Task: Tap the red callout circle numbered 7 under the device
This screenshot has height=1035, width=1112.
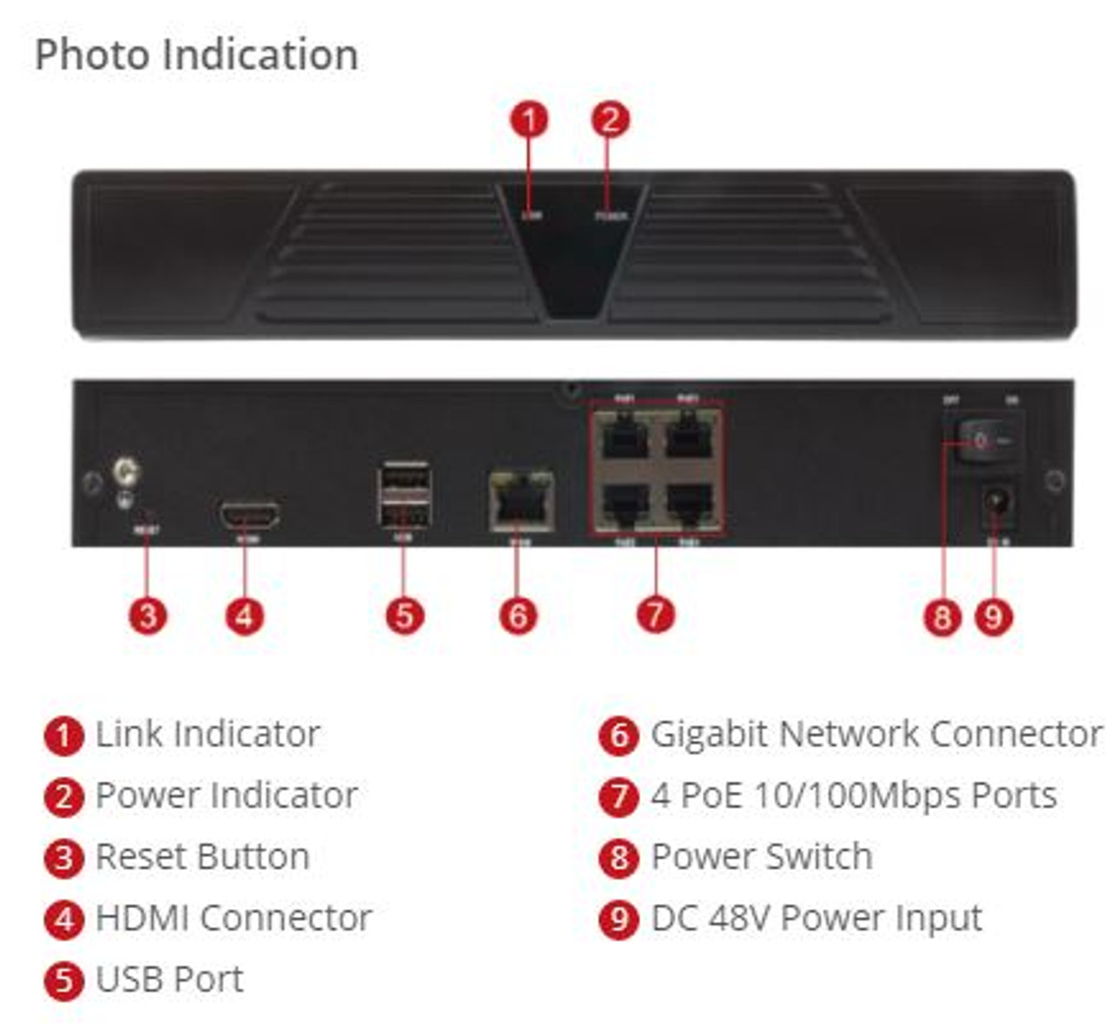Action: coord(655,615)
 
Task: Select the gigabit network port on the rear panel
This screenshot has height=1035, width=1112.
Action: coord(520,501)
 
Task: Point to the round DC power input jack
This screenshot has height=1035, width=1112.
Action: coord(997,504)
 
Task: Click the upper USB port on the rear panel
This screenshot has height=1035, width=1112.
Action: coord(405,480)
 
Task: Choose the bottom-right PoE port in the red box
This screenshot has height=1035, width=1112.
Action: coord(688,503)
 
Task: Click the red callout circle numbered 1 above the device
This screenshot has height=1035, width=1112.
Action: coord(529,119)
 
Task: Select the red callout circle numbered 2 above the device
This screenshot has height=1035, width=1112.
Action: coord(610,119)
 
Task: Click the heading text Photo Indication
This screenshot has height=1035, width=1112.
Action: coord(196,55)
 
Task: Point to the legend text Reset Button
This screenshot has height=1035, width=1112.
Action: coord(202,857)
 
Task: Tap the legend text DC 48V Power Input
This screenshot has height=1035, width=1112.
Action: coord(817,919)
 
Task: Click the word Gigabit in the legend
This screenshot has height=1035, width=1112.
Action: coord(709,735)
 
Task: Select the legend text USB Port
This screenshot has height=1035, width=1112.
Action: coord(169,979)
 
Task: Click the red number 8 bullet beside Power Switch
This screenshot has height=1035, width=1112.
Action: coord(619,858)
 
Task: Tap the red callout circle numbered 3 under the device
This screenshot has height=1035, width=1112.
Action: coord(148,616)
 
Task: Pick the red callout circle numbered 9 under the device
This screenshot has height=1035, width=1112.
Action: coord(994,617)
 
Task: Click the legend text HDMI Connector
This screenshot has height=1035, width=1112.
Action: coord(234,919)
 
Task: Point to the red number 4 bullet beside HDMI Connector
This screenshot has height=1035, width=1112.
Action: coord(63,920)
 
